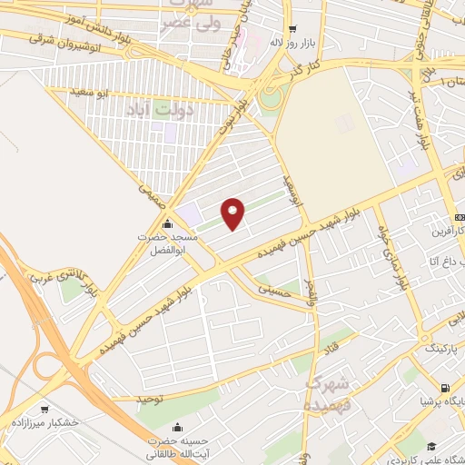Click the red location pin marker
pyautogui.click(x=234, y=214)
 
